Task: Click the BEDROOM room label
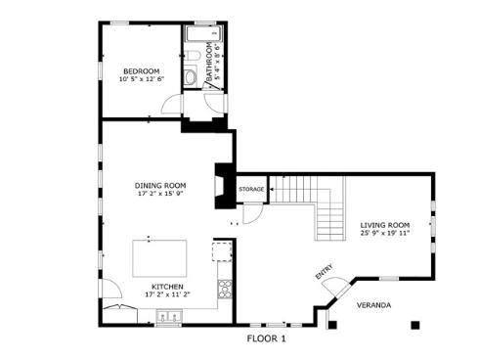click(x=142, y=69)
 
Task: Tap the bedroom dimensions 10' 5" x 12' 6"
click(x=142, y=78)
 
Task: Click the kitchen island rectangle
click(x=161, y=259)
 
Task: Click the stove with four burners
click(x=225, y=288)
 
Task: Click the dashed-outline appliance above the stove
click(x=223, y=253)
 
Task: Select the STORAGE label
click(x=252, y=187)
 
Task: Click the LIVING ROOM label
click(x=384, y=224)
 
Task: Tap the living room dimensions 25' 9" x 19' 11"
click(x=384, y=233)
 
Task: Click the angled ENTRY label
click(x=324, y=274)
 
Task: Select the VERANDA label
click(x=372, y=305)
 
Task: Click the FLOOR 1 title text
click(x=266, y=338)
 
